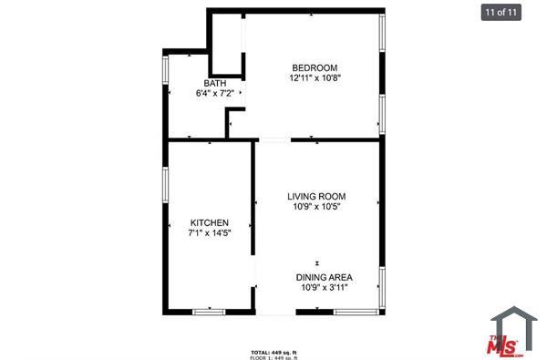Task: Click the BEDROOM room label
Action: pos(315,67)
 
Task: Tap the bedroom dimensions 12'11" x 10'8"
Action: pos(315,78)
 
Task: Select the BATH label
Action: pos(215,83)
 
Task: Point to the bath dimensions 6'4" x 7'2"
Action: pos(215,93)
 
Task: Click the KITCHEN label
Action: pos(209,223)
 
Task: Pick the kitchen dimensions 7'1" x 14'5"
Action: pos(209,234)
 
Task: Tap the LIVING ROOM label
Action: pos(316,196)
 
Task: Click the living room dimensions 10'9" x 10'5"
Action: pos(316,207)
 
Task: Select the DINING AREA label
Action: pos(324,277)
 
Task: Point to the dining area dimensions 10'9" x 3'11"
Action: pos(324,288)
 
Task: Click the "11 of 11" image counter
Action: pos(501,13)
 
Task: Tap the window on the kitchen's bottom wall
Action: pos(209,312)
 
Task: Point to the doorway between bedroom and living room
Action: pos(274,139)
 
